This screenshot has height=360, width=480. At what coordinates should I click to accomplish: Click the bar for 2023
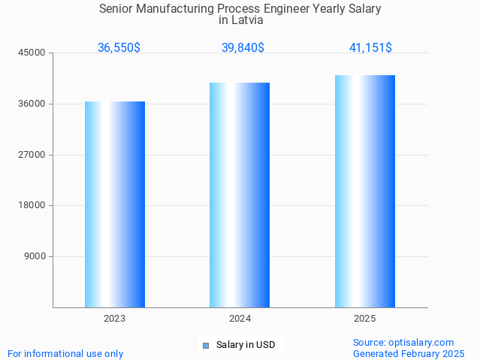click(x=115, y=204)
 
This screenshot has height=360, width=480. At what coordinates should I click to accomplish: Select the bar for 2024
click(x=240, y=195)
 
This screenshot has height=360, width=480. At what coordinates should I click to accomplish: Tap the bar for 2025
click(x=365, y=191)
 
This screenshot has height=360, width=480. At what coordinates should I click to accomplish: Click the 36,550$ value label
click(x=119, y=47)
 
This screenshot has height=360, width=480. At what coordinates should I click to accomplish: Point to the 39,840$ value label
click(x=243, y=47)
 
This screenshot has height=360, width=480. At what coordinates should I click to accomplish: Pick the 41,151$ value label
click(x=370, y=47)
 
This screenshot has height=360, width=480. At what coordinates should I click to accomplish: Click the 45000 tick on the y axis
click(x=33, y=53)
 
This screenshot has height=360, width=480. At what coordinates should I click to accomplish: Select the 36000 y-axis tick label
click(x=33, y=104)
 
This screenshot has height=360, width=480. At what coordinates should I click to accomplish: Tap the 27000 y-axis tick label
click(x=33, y=155)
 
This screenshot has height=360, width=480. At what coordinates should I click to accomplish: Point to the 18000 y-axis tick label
click(x=33, y=205)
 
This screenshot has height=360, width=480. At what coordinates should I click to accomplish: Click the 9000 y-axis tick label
click(x=35, y=256)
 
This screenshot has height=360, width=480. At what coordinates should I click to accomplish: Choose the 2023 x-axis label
click(x=115, y=319)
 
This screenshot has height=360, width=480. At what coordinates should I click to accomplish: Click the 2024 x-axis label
click(x=240, y=319)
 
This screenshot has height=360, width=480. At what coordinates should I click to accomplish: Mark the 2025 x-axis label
click(x=365, y=319)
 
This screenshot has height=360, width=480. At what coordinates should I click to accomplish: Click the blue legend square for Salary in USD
click(x=205, y=346)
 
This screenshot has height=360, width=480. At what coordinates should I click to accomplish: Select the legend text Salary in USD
click(x=246, y=346)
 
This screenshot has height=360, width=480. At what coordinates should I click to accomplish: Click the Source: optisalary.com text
click(x=403, y=343)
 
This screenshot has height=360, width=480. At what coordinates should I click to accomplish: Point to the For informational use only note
click(x=65, y=353)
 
